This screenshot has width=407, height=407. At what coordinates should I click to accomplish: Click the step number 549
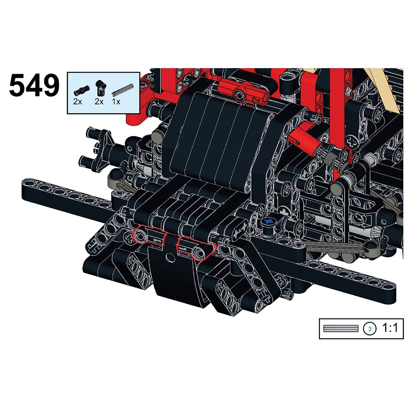pyautogui.click(x=34, y=85)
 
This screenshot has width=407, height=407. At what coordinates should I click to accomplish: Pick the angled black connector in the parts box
pyautogui.click(x=100, y=87)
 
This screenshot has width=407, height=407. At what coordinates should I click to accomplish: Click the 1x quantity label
pyautogui.click(x=116, y=101)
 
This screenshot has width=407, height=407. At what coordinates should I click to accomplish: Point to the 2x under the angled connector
pyautogui.click(x=99, y=101)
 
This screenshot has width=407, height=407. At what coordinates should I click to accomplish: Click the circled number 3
pyautogui.click(x=370, y=329)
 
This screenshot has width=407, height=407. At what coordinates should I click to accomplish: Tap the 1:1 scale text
pyautogui.click(x=390, y=328)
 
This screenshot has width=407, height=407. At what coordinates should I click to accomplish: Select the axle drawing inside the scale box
pyautogui.click(x=340, y=328)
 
